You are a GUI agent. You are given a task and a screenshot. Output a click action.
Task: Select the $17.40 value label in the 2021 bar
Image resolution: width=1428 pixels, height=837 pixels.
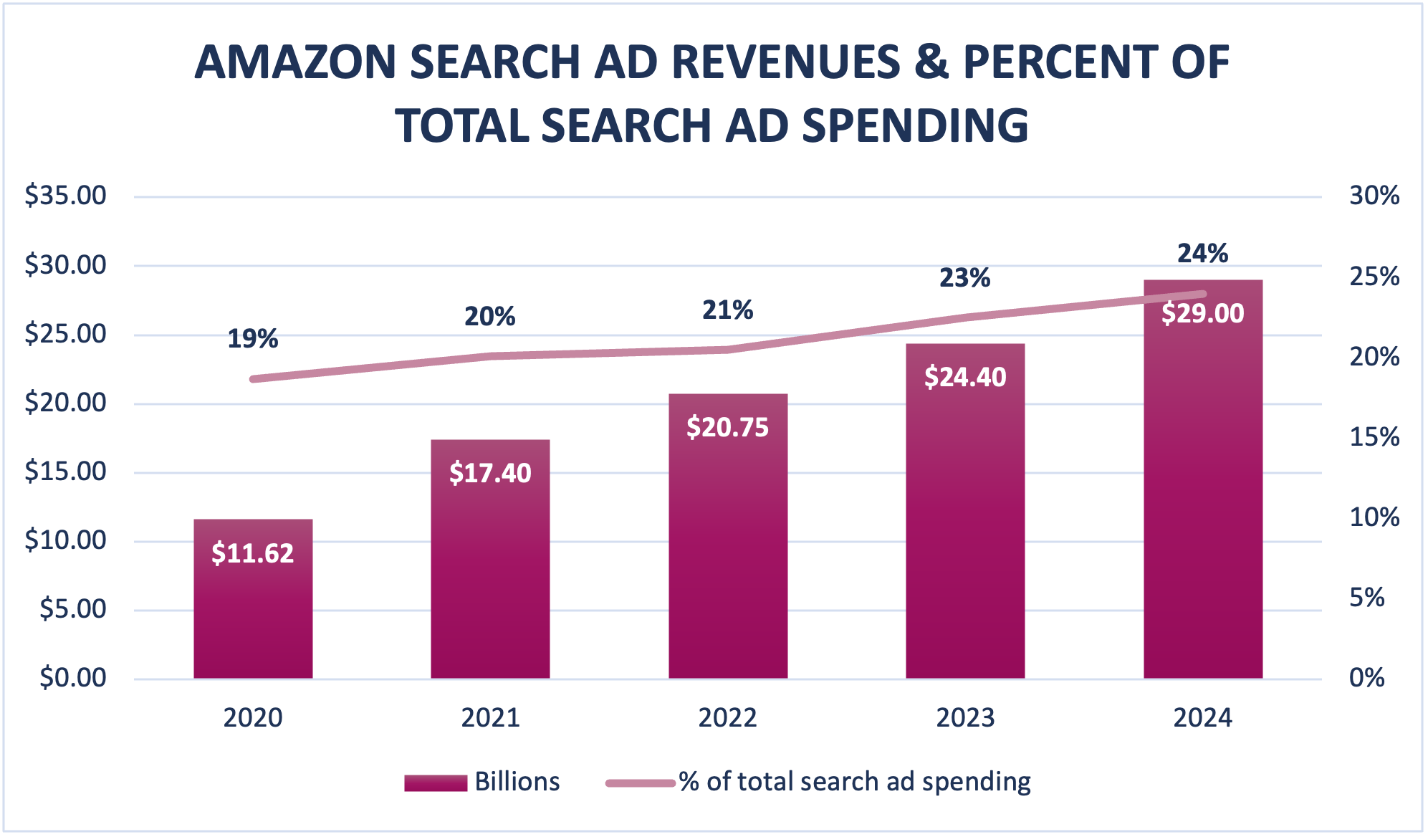click(x=490, y=473)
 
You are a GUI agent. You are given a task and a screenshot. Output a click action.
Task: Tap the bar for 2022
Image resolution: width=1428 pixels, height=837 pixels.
click(x=728, y=559)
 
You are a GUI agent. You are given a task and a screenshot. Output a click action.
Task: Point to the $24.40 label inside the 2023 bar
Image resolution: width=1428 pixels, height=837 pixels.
click(x=965, y=377)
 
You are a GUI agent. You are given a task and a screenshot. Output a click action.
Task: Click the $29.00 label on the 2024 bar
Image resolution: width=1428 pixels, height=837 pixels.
click(x=1202, y=313)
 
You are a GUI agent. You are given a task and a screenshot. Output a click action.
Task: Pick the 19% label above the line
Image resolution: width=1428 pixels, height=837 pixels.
click(x=253, y=339)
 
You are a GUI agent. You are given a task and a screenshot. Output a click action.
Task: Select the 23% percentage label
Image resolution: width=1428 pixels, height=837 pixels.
click(x=964, y=278)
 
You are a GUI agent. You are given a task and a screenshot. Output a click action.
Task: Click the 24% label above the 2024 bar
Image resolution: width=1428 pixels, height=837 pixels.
click(x=1202, y=254)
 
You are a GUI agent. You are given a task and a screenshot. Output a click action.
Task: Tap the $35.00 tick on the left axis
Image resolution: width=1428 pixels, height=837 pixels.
click(x=65, y=196)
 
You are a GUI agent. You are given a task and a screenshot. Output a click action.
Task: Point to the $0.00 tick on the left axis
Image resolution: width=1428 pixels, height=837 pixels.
click(x=73, y=678)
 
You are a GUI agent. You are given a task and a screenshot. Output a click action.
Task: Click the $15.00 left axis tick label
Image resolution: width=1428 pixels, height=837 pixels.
click(x=65, y=472)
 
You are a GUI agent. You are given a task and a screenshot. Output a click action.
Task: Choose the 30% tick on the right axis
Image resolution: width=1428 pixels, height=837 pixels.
click(x=1374, y=196)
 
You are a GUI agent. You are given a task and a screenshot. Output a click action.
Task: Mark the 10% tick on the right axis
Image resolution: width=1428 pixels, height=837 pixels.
click(x=1374, y=517)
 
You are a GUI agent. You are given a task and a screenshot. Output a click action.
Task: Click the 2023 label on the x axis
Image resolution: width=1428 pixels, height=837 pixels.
click(x=965, y=718)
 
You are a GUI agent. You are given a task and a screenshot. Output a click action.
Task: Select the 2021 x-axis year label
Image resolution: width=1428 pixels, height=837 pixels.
click(x=490, y=718)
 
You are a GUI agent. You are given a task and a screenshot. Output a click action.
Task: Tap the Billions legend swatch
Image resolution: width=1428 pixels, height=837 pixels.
click(x=435, y=783)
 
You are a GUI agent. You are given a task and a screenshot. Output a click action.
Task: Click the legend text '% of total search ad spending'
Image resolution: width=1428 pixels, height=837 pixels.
click(x=854, y=782)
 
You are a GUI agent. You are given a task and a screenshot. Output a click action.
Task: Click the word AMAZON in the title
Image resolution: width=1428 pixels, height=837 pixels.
click(x=295, y=62)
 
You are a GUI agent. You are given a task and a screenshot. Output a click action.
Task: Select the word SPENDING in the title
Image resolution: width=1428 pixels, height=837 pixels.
click(x=915, y=125)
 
